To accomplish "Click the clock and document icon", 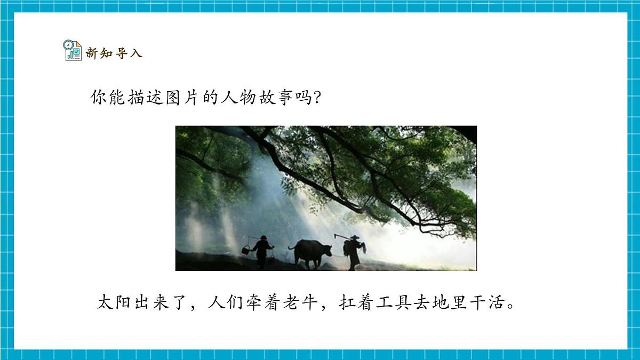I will [73, 50].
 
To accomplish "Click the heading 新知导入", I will [114, 53].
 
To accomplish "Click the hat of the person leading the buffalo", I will [354, 237].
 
